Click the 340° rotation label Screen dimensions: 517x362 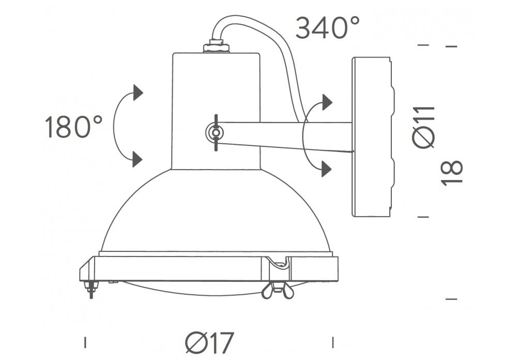[327, 28]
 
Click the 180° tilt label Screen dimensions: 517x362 [73, 127]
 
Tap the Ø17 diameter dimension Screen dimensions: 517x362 [210, 342]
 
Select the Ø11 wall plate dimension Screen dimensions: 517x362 [424, 127]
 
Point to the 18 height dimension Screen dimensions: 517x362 [452, 173]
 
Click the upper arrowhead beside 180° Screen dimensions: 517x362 [138, 93]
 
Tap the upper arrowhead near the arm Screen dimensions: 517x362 [327, 102]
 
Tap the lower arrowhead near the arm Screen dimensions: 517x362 [326, 169]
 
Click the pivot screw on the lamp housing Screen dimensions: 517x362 [215, 132]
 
